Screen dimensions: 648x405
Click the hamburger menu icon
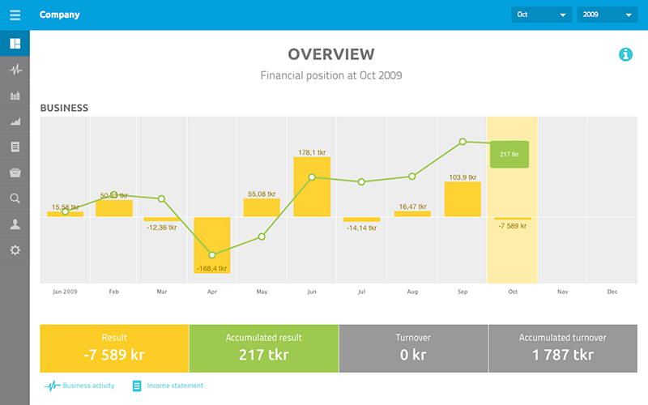[x=15, y=15]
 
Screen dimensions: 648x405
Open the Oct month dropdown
[x=541, y=15]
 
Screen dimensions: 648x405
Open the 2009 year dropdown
[x=607, y=15]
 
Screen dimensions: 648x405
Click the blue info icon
[x=625, y=54]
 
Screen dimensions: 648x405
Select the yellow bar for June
[x=312, y=187]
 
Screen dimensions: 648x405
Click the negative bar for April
[x=212, y=245]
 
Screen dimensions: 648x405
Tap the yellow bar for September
[x=463, y=199]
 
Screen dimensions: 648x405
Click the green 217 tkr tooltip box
[x=509, y=154]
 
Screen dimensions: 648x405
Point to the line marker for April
[x=212, y=255]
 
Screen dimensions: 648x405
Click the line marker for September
[x=463, y=142]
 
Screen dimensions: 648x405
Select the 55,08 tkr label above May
[x=262, y=194]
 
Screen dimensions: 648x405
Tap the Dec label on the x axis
[x=612, y=292]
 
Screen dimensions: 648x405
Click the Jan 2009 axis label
[x=65, y=292]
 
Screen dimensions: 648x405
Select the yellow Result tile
[x=114, y=348]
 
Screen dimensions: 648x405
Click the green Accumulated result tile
[x=264, y=348]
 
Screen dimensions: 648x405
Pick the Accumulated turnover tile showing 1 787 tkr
[x=563, y=348]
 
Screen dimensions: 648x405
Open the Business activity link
[x=79, y=386]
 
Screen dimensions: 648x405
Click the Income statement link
[x=168, y=386]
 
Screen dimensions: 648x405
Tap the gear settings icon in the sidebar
[x=15, y=250]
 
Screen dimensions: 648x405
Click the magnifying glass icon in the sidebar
[x=15, y=198]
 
